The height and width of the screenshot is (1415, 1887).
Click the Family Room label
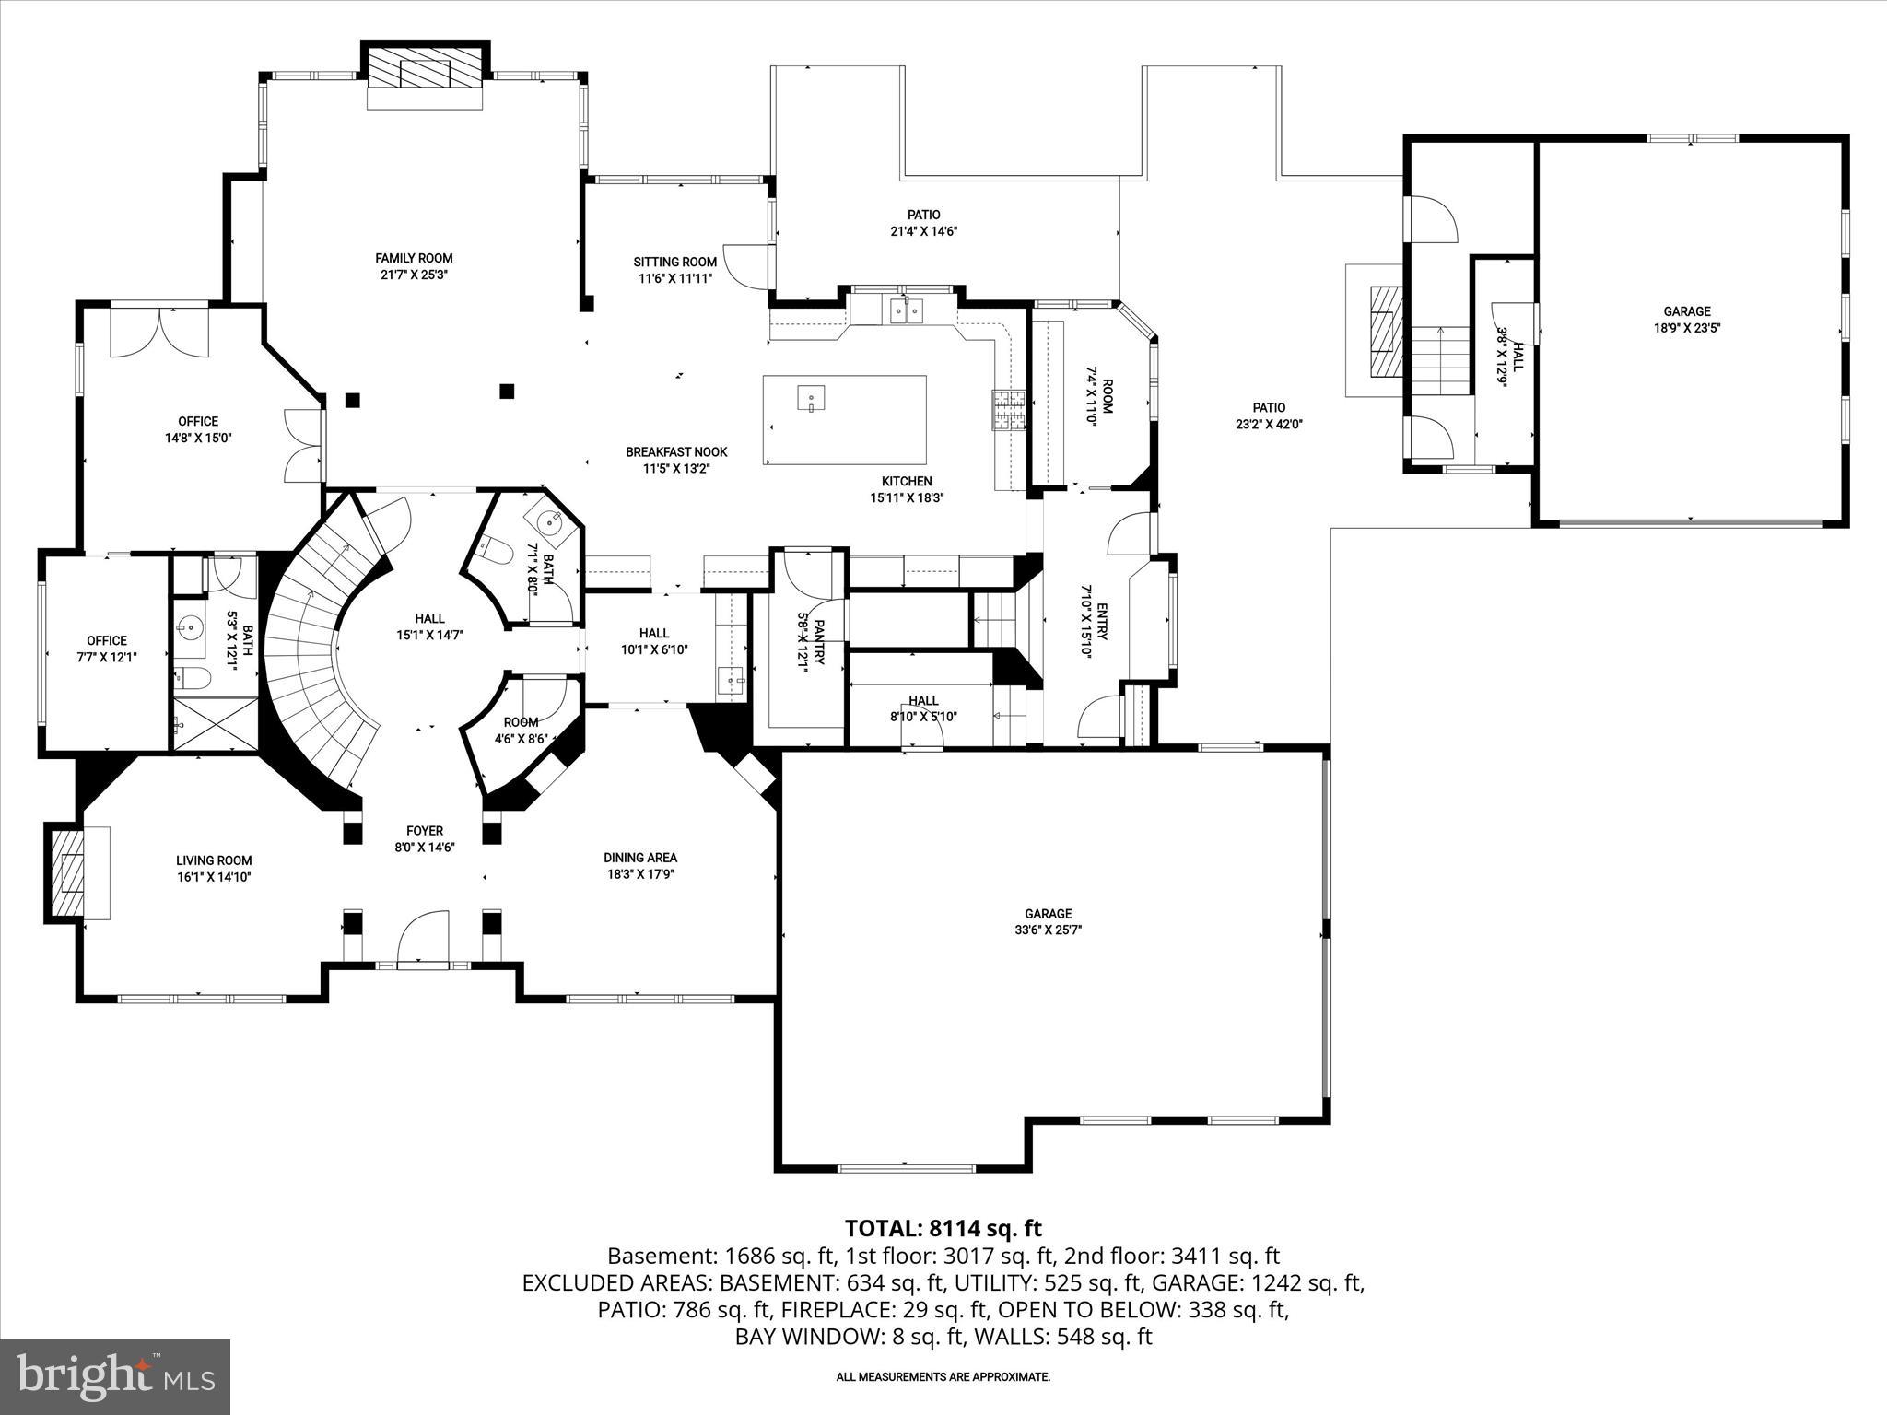point(414,258)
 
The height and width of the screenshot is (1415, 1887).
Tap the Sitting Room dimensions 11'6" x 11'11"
point(674,278)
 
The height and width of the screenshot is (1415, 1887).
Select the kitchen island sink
point(811,399)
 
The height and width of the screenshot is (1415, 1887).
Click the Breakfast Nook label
point(676,451)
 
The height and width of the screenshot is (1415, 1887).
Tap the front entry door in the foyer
point(424,940)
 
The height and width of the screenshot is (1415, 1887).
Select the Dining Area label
point(640,858)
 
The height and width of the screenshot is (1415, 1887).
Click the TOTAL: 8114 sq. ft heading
point(943,1228)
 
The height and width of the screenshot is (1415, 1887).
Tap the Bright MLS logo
point(115,1376)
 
